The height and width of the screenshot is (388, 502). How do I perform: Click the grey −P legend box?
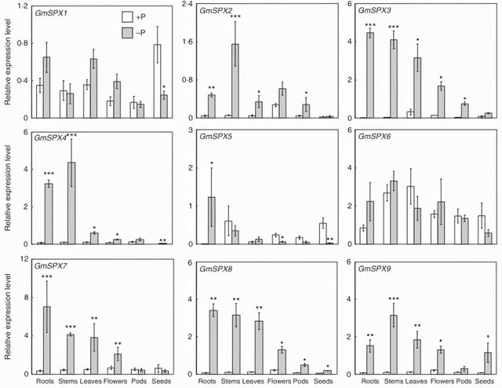pyautogui.click(x=127, y=29)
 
